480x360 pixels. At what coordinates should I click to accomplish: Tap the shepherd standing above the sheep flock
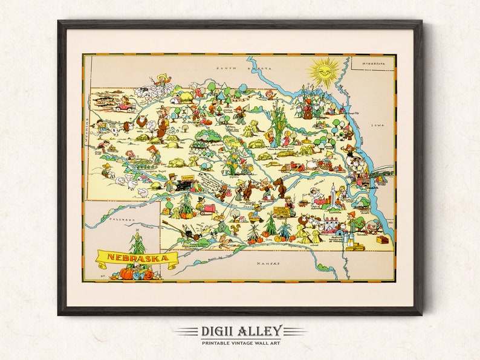point(161,79)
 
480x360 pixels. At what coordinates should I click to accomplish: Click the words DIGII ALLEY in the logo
point(239,330)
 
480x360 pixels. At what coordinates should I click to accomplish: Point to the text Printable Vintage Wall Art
point(239,342)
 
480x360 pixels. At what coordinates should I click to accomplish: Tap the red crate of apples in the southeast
point(382,239)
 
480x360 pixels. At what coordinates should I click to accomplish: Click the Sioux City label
point(350,112)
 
